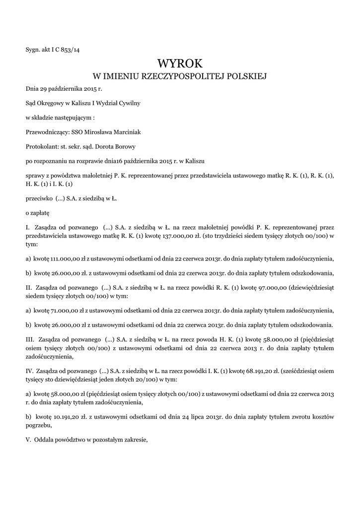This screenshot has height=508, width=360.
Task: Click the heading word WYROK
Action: (x=180, y=63)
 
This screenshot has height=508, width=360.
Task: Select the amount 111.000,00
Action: (x=50, y=258)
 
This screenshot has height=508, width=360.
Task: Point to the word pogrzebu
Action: (x=38, y=425)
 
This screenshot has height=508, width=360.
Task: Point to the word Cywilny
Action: (x=128, y=104)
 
